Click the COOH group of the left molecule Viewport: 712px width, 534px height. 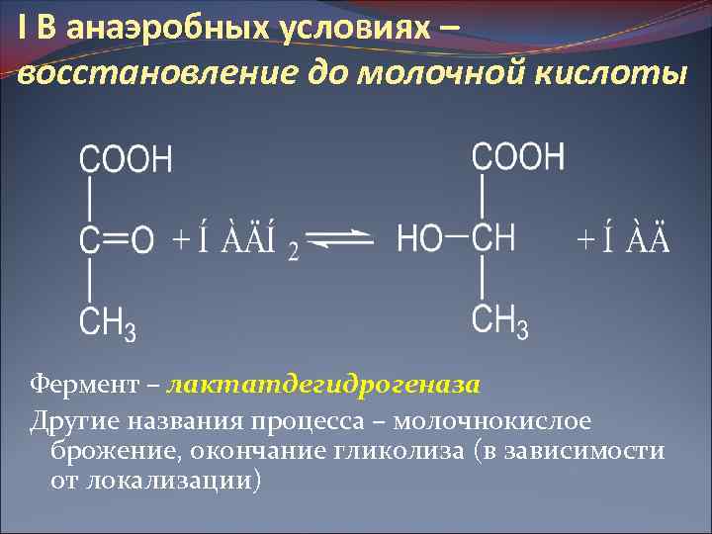(x=125, y=158)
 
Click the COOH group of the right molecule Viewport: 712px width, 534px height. (x=518, y=156)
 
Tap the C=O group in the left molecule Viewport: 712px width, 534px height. (x=117, y=239)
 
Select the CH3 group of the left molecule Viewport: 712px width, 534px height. (x=108, y=322)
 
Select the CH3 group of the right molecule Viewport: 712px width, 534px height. (x=499, y=320)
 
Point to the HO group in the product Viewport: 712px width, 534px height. (x=418, y=238)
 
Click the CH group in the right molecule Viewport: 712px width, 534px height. (x=492, y=238)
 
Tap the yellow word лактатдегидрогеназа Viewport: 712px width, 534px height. (x=324, y=383)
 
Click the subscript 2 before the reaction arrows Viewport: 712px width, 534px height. (x=293, y=253)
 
